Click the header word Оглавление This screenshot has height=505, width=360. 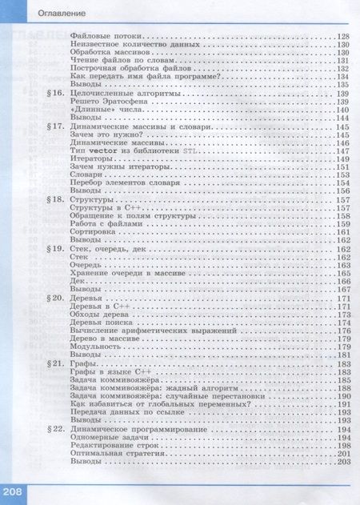(38, 12)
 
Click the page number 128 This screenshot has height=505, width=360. (345, 38)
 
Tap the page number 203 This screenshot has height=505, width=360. (345, 462)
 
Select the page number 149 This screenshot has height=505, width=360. (345, 159)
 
